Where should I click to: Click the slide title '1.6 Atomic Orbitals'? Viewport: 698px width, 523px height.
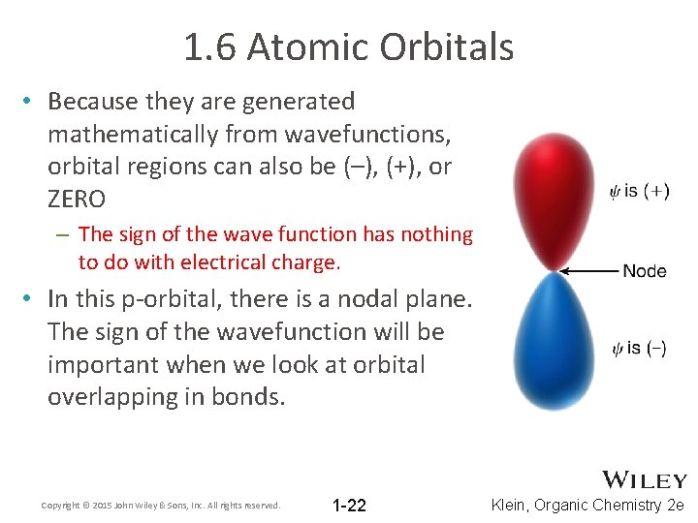click(349, 46)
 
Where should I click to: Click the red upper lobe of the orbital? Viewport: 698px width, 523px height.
click(555, 199)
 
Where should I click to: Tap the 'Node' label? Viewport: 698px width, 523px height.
click(645, 271)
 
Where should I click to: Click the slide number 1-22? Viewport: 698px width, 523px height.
click(349, 506)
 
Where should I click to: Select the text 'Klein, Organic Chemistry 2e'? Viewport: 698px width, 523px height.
click(588, 506)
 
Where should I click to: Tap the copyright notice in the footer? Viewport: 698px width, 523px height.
click(161, 506)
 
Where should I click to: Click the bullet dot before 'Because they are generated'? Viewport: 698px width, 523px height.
click(32, 101)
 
